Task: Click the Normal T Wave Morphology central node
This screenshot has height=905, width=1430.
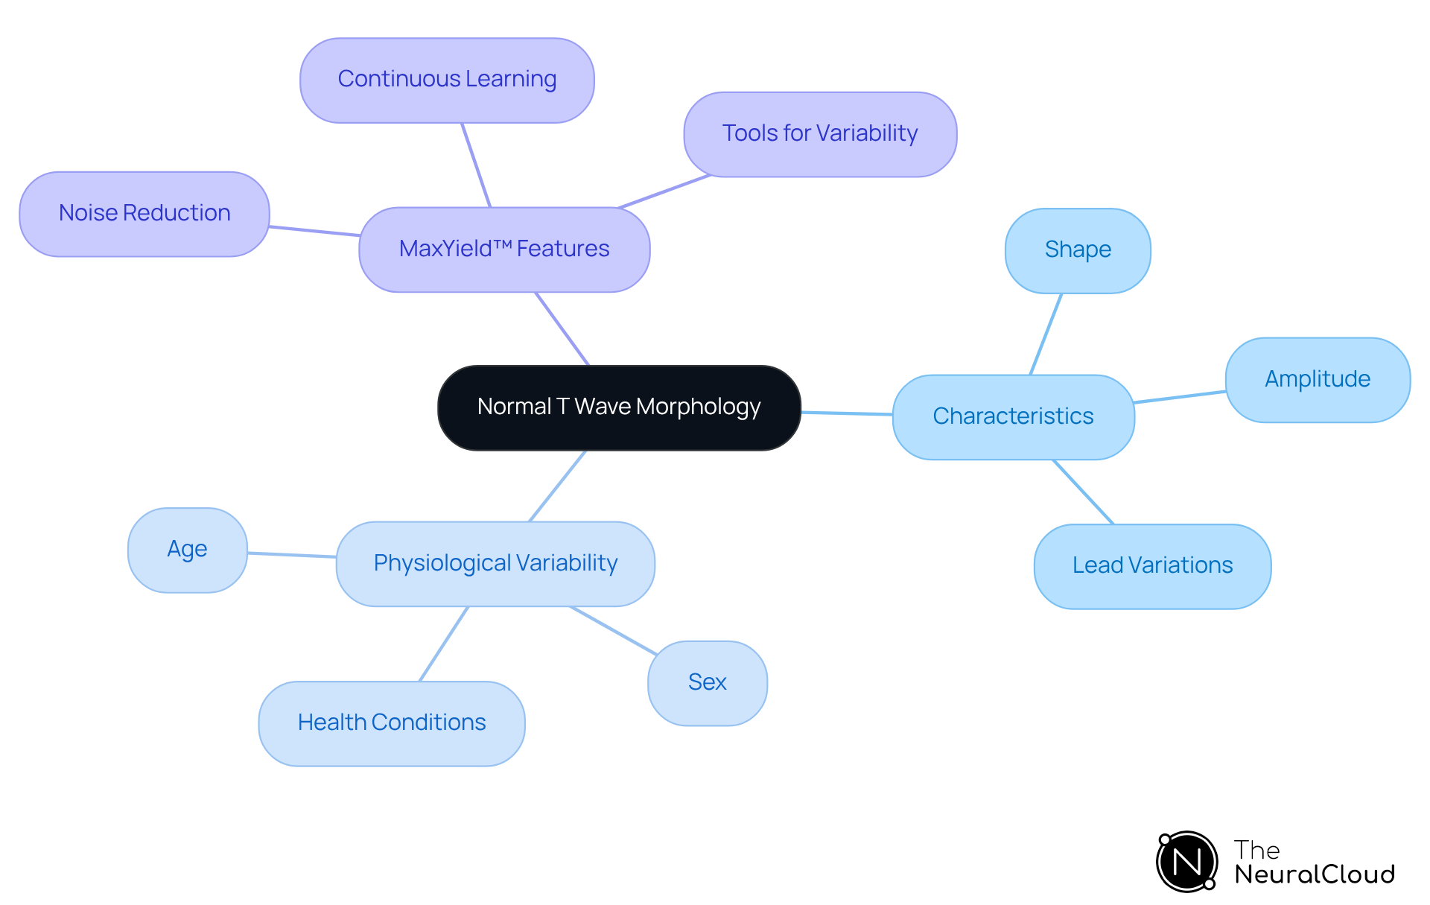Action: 619,407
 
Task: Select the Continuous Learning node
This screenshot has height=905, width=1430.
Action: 447,80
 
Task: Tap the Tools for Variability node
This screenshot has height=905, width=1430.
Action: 820,134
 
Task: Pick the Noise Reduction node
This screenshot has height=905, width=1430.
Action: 144,214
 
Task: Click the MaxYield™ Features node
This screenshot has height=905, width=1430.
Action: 504,250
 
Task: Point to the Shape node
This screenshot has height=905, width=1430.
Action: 1078,250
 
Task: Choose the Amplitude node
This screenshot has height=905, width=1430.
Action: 1318,380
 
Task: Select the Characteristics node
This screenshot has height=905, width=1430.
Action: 1013,417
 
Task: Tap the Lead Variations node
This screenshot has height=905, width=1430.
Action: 1152,566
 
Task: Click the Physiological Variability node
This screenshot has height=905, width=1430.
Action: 495,564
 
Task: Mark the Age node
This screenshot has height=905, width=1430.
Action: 187,550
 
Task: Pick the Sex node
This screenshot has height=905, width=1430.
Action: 707,683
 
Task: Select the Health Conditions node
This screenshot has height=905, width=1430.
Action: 392,723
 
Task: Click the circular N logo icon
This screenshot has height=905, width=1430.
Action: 1187,862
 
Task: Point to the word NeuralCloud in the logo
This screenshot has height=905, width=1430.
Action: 1315,874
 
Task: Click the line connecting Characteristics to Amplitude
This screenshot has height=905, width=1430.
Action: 1180,397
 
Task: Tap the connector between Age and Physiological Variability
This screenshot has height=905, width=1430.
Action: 292,555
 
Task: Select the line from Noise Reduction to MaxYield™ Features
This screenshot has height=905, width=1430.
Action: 314,231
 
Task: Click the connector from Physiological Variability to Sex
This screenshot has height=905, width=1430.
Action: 613,630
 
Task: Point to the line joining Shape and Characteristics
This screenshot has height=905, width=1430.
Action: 1046,334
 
